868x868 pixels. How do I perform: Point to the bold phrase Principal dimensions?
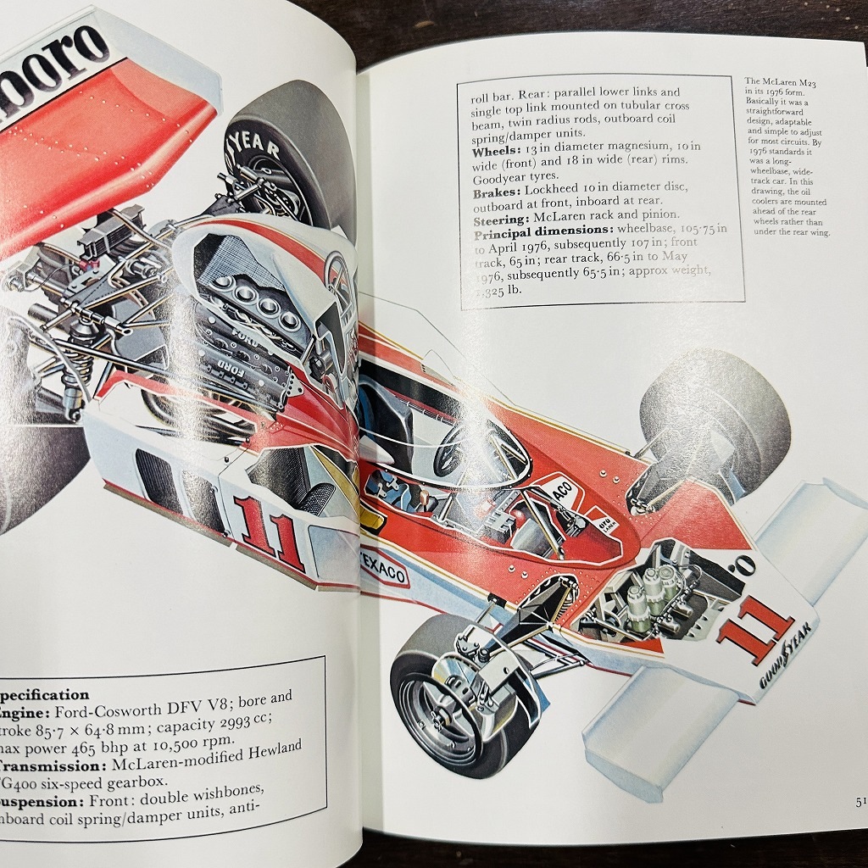tap(542, 232)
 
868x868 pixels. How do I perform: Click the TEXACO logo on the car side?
tap(383, 570)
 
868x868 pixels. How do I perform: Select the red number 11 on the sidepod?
tap(270, 531)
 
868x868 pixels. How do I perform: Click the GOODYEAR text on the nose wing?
tap(781, 661)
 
